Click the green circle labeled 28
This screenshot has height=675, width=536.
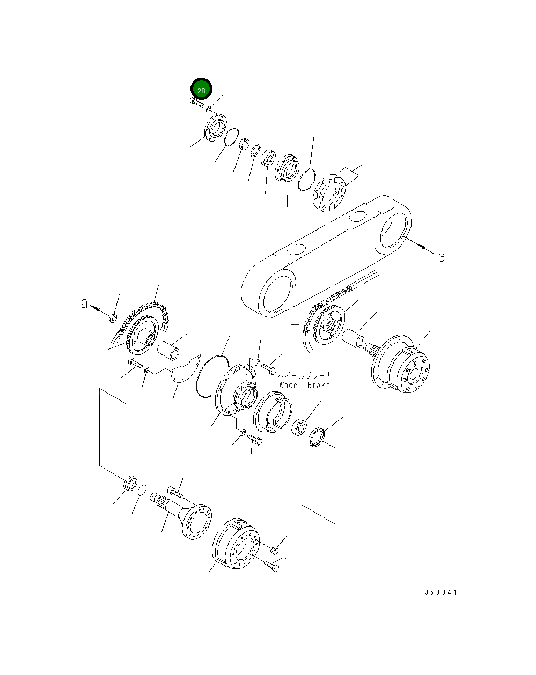[201, 90]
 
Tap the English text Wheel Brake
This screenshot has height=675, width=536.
[304, 385]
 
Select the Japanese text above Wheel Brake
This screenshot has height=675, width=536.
[305, 375]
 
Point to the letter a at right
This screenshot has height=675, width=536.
[442, 257]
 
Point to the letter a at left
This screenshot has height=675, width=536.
[84, 303]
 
